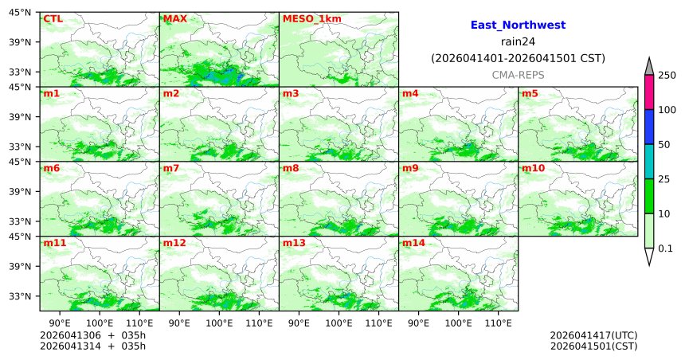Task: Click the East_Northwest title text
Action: point(518,25)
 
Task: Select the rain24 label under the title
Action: point(518,41)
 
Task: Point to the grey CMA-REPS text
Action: point(518,74)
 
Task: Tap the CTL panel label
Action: point(53,18)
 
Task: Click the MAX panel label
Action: point(174,18)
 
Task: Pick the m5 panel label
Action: point(530,94)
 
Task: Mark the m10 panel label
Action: point(533,168)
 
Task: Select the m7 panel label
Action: point(171,168)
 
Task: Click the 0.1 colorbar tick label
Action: point(665,248)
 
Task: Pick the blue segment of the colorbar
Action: point(649,127)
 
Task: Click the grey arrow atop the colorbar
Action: point(649,66)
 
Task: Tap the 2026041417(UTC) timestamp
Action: point(593,335)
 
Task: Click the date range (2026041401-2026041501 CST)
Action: point(518,58)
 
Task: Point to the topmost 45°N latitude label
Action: point(21,12)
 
